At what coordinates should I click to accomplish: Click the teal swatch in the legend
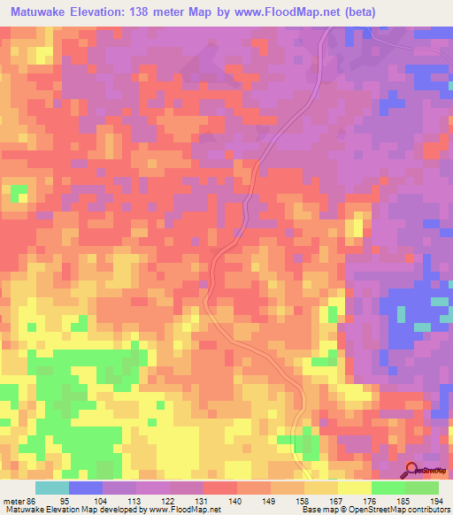(x=51, y=488)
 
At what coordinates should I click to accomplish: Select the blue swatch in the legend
(x=85, y=488)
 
